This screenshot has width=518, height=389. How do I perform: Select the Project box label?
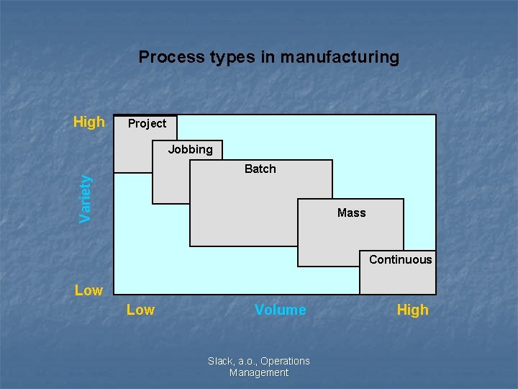point(147,123)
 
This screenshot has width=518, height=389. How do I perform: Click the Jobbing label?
point(190,150)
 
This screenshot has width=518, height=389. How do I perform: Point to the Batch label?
point(260,169)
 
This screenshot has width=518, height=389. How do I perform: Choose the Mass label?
point(351,213)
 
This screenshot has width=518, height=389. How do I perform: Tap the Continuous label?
point(400,259)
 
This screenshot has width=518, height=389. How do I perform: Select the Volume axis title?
point(280,310)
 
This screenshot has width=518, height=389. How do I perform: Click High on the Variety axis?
point(89,122)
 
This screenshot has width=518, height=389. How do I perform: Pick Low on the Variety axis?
point(88,290)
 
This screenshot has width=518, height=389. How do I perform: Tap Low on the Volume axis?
point(140,310)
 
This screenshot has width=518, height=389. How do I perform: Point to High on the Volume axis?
point(412,310)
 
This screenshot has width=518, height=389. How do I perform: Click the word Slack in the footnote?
point(220,361)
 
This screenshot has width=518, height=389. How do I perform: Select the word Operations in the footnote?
point(285,361)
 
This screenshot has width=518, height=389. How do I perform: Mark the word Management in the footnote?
point(258,372)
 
